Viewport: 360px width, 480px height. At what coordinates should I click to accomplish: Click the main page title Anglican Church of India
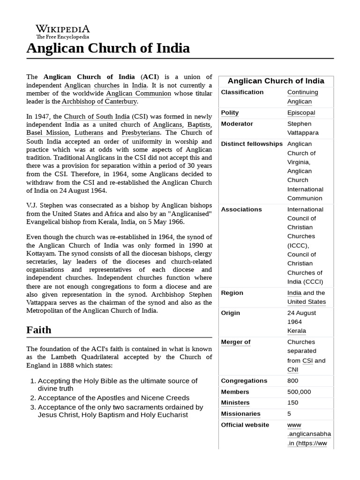point(108,48)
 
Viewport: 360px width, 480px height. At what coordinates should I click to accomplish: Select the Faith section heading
point(39,330)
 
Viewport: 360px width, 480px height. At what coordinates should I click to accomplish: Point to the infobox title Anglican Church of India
point(276,81)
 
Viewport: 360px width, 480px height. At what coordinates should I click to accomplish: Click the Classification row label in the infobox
point(242,92)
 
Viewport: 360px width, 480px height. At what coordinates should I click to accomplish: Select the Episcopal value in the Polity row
point(301,112)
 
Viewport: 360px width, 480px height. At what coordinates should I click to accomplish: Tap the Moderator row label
point(237,124)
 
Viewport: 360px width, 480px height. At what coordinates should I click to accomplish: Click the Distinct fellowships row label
point(252,144)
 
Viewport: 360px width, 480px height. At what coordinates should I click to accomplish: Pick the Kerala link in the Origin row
point(296,331)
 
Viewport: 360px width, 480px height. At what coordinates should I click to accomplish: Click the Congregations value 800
point(292,381)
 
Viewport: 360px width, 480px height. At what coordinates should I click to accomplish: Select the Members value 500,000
point(299,392)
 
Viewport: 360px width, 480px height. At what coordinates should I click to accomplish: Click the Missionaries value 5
point(289,414)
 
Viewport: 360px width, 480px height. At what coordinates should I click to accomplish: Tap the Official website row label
point(245,425)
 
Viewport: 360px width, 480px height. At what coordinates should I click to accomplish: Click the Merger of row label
point(235,342)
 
